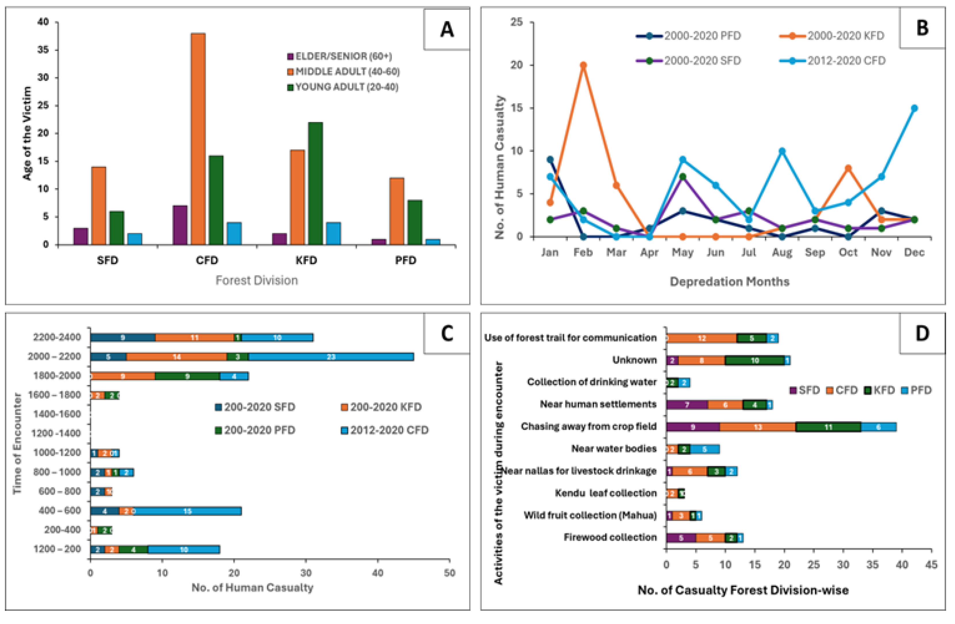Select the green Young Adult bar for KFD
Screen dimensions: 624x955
[x=315, y=183]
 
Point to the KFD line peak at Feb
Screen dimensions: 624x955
[x=583, y=65]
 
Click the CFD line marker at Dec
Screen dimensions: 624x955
[x=914, y=108]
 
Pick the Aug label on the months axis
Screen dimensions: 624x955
[x=782, y=253]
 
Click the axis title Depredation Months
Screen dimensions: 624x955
[x=729, y=282]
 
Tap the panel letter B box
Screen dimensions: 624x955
[x=922, y=28]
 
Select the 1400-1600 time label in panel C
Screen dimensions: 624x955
[x=57, y=414]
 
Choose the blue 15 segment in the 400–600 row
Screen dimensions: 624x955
[x=187, y=511]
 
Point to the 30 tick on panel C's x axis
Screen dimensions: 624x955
[x=306, y=573]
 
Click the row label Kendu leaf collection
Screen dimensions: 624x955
[x=605, y=493]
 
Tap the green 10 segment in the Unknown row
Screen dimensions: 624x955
[x=755, y=360]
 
